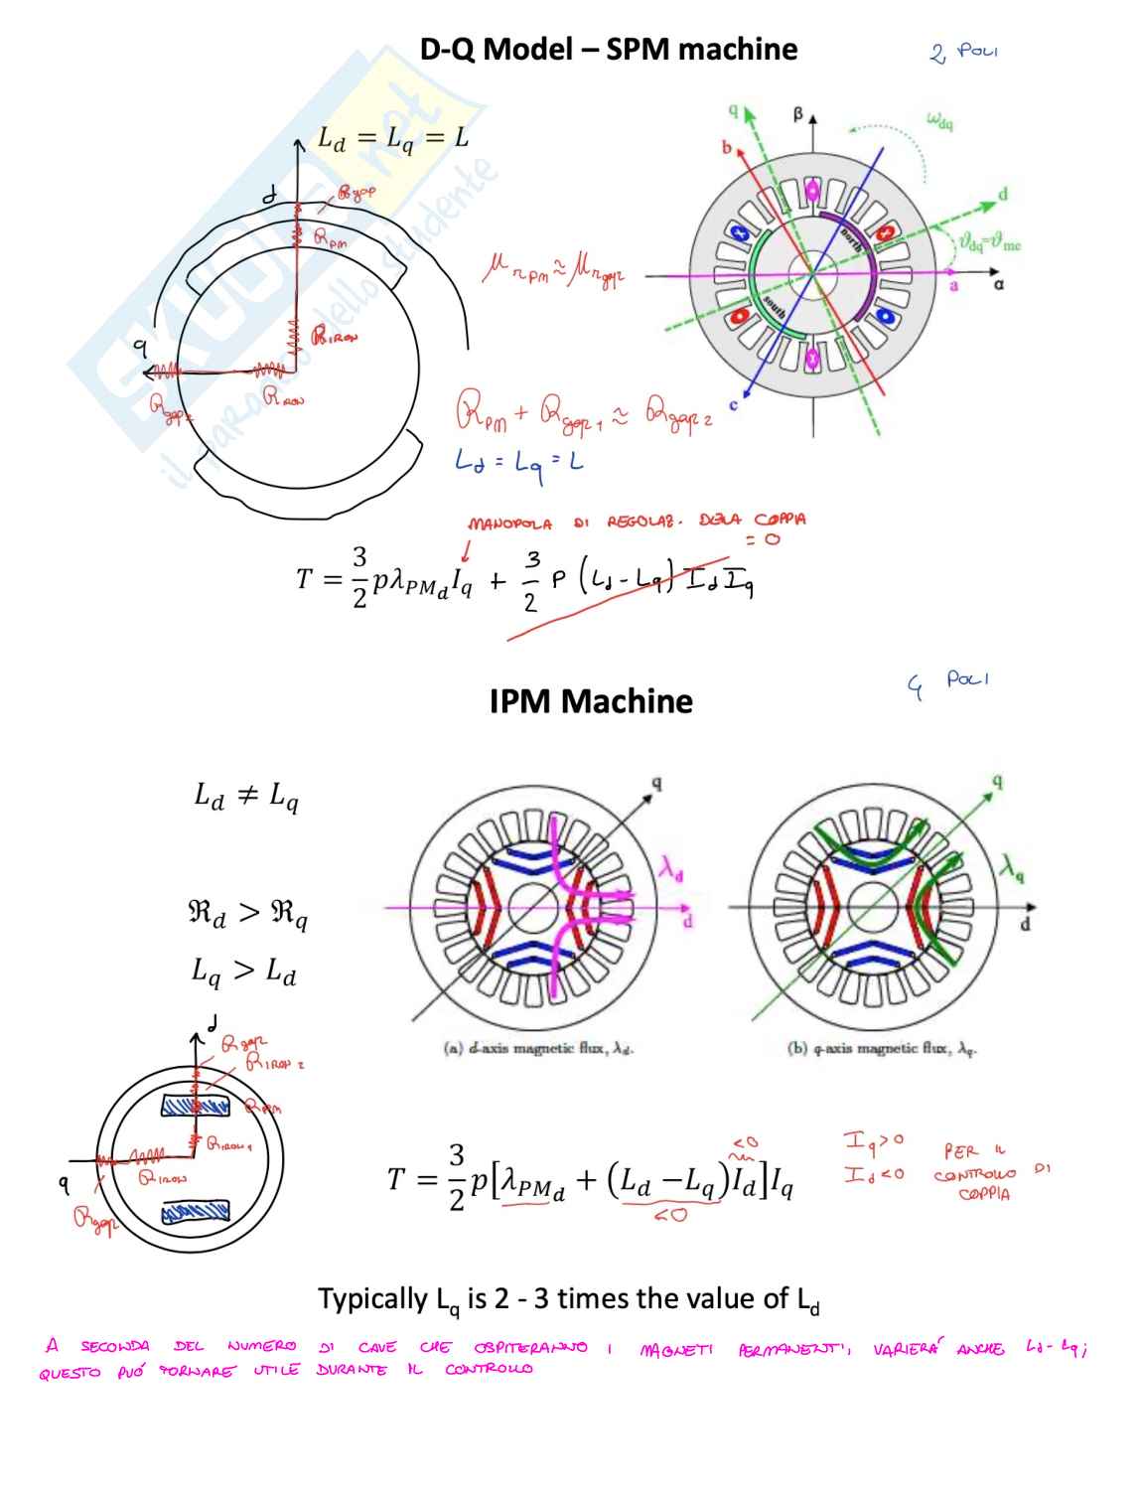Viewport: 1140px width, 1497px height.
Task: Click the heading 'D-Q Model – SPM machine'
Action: click(x=608, y=50)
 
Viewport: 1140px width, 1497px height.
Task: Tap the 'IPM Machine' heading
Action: click(x=591, y=701)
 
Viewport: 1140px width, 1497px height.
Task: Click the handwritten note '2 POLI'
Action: click(x=964, y=51)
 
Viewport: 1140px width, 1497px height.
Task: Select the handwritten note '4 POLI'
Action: click(x=948, y=683)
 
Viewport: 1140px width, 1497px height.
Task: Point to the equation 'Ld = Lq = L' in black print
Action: click(x=392, y=139)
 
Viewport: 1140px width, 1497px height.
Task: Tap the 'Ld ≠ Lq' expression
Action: click(x=245, y=796)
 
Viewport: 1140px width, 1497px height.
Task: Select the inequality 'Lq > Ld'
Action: click(x=243, y=971)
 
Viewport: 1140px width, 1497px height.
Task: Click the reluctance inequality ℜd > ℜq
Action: click(x=247, y=913)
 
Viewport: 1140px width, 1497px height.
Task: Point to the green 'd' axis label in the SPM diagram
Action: click(x=1003, y=194)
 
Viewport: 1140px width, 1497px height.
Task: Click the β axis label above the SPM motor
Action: click(x=797, y=115)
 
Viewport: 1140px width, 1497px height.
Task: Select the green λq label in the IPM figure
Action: click(x=1013, y=868)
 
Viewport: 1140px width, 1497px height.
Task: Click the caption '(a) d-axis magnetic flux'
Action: click(x=537, y=1048)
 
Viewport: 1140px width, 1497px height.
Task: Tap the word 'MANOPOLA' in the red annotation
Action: click(x=509, y=524)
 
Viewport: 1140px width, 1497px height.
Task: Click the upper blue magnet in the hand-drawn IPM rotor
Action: click(x=195, y=1106)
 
